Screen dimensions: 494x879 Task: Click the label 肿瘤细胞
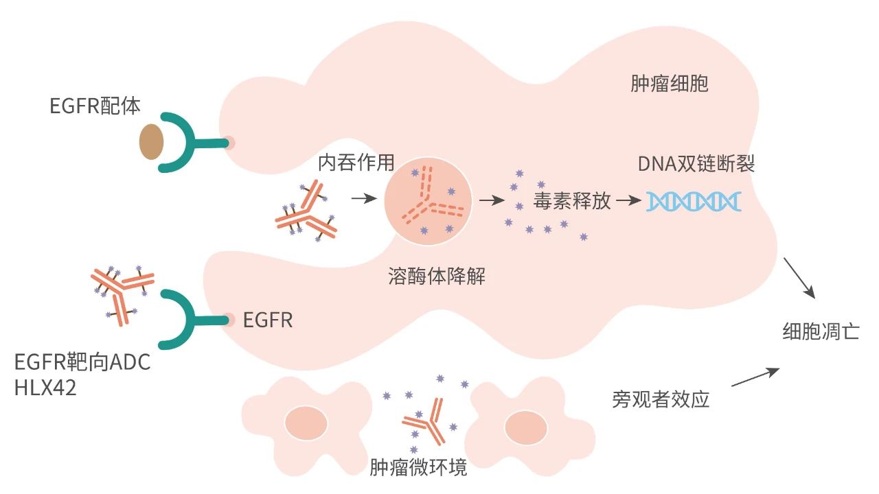(x=669, y=84)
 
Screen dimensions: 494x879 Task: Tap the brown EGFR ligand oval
(x=152, y=141)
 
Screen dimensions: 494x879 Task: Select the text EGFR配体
(x=95, y=106)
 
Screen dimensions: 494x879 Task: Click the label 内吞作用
(x=356, y=162)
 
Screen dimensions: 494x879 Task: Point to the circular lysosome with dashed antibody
(x=427, y=200)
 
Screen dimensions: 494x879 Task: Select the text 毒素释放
(x=571, y=201)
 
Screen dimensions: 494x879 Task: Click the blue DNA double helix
(x=694, y=200)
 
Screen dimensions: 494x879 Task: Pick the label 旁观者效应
(x=660, y=399)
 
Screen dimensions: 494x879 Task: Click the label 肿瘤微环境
(x=418, y=467)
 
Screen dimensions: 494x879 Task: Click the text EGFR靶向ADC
(x=82, y=362)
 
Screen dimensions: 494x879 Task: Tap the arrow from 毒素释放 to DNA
(x=628, y=200)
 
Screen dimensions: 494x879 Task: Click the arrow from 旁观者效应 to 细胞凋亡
(x=755, y=378)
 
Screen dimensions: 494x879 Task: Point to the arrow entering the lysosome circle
(x=364, y=199)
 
